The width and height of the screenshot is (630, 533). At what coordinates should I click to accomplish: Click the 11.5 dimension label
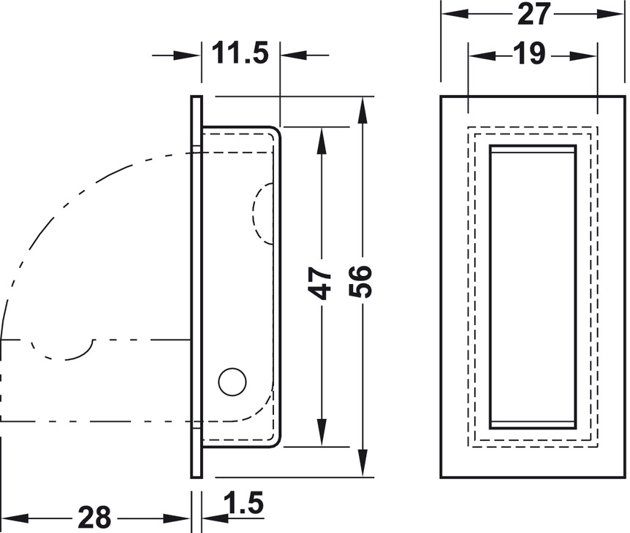coord(240,53)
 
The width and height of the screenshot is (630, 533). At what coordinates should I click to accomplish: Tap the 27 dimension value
coord(534,14)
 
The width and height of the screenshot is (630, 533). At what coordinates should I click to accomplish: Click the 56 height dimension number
coord(360,281)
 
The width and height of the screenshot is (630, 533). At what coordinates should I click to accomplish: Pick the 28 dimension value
coord(94,518)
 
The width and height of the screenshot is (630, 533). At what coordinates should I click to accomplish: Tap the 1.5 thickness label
coord(244,502)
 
